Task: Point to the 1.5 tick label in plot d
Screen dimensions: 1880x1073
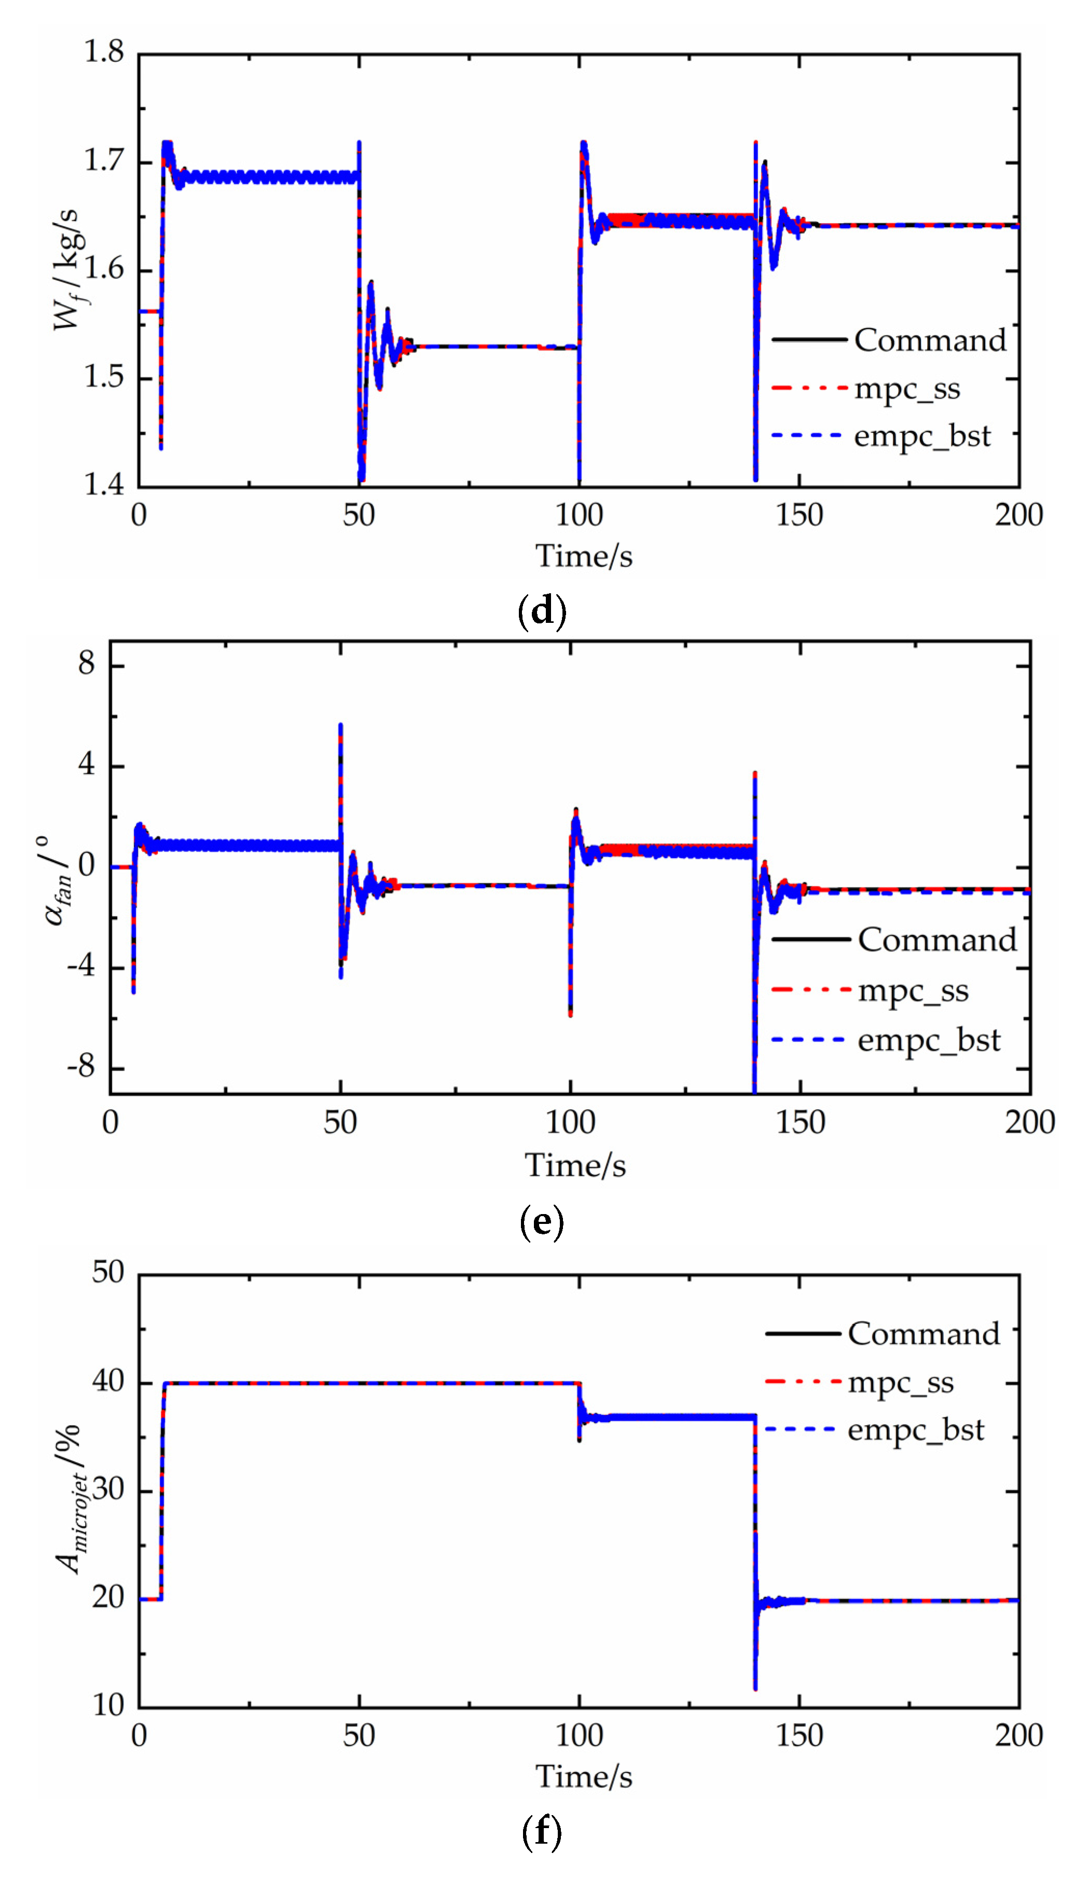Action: pyautogui.click(x=103, y=377)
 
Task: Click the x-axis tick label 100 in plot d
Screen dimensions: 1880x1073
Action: pyautogui.click(x=579, y=514)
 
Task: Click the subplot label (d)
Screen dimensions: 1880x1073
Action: pyautogui.click(x=542, y=611)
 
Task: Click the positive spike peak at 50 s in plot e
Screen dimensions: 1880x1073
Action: pyautogui.click(x=340, y=726)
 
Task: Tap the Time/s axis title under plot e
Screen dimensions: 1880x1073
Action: pyautogui.click(x=575, y=1166)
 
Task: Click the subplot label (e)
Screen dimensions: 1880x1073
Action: pyautogui.click(x=542, y=1222)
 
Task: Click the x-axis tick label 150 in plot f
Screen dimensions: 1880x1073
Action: pyautogui.click(x=799, y=1736)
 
